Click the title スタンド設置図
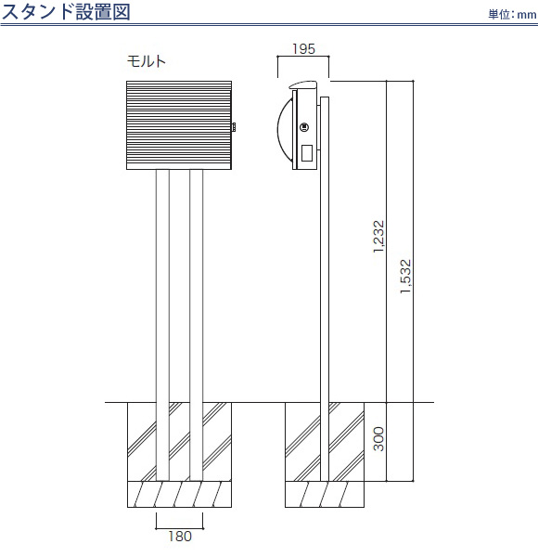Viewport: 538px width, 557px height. point(66,11)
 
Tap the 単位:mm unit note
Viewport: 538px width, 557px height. point(512,14)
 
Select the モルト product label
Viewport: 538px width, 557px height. point(147,61)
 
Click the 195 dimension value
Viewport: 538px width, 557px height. point(303,49)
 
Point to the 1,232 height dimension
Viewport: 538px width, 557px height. point(378,237)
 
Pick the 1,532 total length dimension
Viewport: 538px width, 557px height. point(405,277)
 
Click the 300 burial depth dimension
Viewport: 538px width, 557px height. point(378,439)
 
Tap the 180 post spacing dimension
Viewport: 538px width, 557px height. point(180,536)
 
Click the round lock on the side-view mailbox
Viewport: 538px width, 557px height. point(304,127)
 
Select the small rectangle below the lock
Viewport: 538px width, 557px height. point(307,153)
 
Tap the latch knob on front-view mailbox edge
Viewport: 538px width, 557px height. point(234,127)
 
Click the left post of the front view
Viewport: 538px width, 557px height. point(162,325)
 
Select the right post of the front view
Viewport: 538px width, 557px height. point(197,325)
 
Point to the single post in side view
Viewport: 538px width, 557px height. point(325,289)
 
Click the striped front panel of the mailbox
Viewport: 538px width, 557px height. point(179,123)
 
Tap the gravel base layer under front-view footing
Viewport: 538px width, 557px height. point(179,494)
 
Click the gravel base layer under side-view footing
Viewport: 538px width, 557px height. point(325,494)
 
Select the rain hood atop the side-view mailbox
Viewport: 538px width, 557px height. point(303,84)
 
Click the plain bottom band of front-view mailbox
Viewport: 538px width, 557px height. point(179,166)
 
